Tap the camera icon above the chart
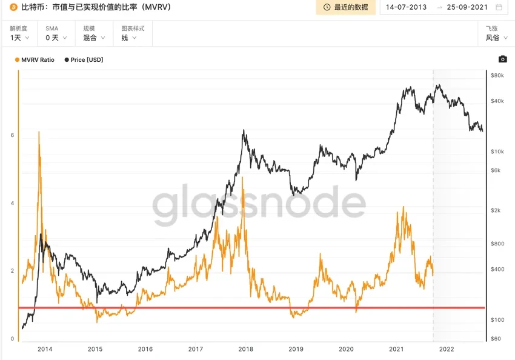coord(502,59)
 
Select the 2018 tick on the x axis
coord(245,349)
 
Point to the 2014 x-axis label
coord(44,349)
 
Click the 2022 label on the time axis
coord(447,349)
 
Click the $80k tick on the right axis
coord(497,76)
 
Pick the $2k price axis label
coord(496,210)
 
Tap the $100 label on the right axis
coord(497,320)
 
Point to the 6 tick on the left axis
coord(12,135)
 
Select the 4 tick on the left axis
coord(12,203)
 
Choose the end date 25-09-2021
coord(467,7)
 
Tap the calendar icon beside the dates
coord(499,7)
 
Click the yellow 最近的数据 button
coord(345,7)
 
